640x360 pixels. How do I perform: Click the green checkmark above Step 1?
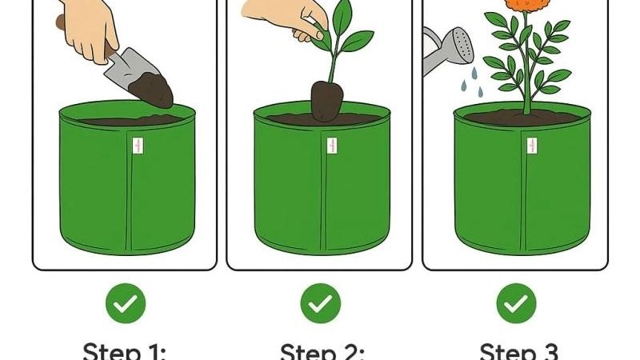pyautogui.click(x=125, y=304)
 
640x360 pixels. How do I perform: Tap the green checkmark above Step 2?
pyautogui.click(x=320, y=304)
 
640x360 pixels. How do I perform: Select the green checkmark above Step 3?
pyautogui.click(x=516, y=304)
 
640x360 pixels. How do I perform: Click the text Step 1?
pyautogui.click(x=125, y=350)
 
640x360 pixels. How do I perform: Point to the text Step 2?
pyautogui.click(x=322, y=350)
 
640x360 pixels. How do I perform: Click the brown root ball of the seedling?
pyautogui.click(x=327, y=100)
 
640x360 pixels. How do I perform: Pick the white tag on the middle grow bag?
pyautogui.click(x=331, y=146)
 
